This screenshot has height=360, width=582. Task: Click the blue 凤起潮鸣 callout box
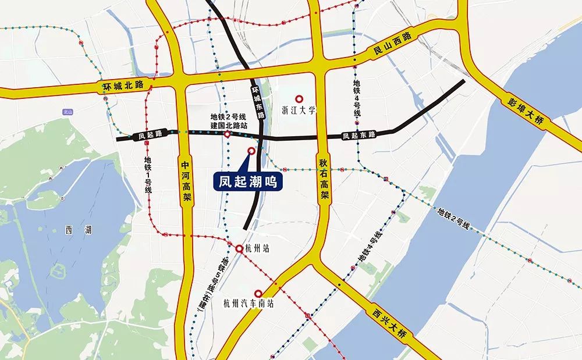[247, 181]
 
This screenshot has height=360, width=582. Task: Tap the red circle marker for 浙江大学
[300, 99]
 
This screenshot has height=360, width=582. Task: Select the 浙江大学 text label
[299, 110]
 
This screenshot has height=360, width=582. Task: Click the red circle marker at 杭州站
[239, 248]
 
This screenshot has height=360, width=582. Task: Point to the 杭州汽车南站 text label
[248, 304]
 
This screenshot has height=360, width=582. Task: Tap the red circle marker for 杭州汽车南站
[258, 294]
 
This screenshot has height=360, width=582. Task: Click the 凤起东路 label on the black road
[359, 135]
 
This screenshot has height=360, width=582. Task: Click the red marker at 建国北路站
[227, 135]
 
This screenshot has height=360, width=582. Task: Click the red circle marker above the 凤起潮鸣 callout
[251, 151]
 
